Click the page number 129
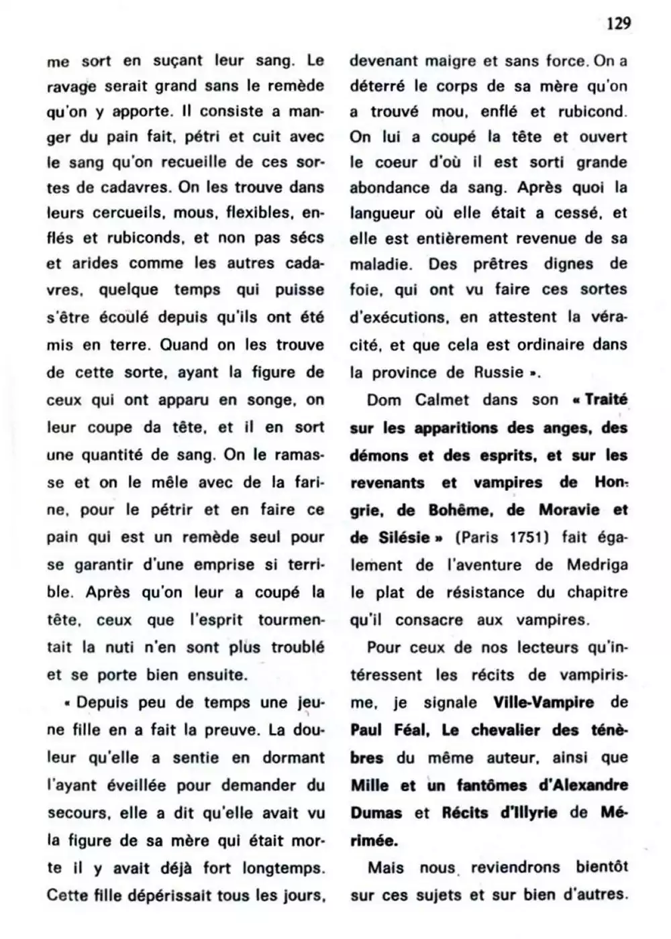click(619, 24)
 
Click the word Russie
click(497, 372)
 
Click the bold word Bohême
click(463, 510)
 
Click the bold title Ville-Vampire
click(543, 703)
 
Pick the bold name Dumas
click(376, 813)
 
